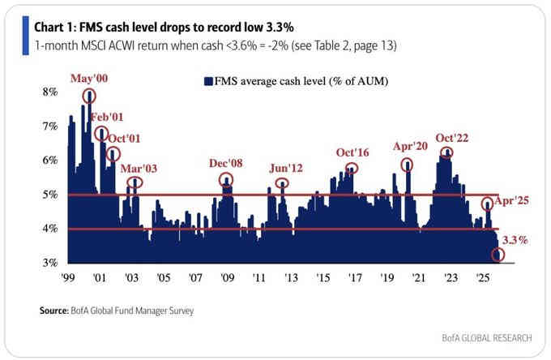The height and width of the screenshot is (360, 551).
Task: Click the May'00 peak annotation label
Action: click(x=90, y=79)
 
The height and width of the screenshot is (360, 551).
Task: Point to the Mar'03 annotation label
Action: click(x=139, y=169)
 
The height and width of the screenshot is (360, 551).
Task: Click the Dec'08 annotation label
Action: click(x=224, y=165)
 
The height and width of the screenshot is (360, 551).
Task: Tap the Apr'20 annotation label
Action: click(x=409, y=148)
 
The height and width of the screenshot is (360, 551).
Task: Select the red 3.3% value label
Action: click(x=515, y=240)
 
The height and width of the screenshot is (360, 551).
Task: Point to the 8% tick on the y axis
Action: click(x=49, y=92)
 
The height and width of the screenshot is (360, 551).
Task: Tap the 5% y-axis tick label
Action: click(x=49, y=195)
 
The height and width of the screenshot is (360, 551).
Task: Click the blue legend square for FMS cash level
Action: click(x=208, y=81)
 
